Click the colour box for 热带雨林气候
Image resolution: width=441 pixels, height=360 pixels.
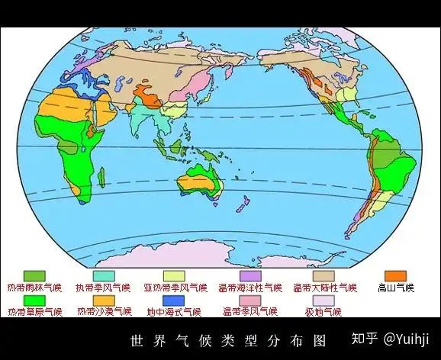[x=35, y=275]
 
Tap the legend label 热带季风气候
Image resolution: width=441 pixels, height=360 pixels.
[x=103, y=288]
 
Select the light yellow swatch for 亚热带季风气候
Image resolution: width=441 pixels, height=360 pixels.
[x=174, y=275]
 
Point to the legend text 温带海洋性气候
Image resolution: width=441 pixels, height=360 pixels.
[x=249, y=288]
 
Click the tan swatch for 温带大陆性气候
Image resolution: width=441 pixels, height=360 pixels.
[x=323, y=275]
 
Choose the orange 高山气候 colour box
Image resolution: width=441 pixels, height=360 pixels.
[x=395, y=275]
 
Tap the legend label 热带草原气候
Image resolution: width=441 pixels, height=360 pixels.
[x=35, y=312]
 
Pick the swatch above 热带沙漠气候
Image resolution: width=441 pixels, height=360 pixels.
[x=104, y=300]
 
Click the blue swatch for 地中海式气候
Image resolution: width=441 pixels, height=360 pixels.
[x=174, y=300]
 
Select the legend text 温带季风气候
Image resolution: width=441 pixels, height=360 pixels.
[x=249, y=312]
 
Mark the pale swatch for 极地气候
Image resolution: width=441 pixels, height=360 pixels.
[x=324, y=300]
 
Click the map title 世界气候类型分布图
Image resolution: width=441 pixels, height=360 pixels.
[x=228, y=339]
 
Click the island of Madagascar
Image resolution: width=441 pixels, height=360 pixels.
[x=101, y=178]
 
